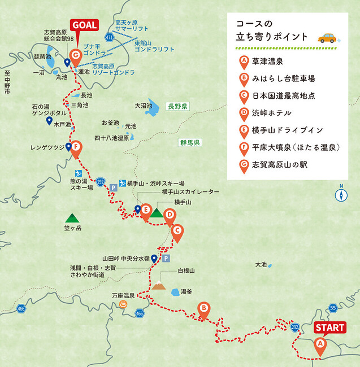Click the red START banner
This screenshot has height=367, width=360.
(329, 327)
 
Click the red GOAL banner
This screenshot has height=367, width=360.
(84, 25)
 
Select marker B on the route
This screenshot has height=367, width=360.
(203, 309)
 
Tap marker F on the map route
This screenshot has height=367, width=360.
(77, 147)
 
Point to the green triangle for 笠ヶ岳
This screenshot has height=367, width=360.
(72, 217)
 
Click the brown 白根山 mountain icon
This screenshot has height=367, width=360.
(159, 286)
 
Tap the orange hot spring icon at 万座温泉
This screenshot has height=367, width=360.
(123, 304)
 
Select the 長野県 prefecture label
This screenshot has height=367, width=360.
(177, 106)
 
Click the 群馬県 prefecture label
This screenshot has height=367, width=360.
(189, 142)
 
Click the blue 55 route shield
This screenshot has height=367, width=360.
(333, 308)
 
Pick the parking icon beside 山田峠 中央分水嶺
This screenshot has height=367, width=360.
(166, 258)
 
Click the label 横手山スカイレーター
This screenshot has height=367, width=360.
(190, 192)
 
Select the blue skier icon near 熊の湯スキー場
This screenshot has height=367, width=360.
(79, 173)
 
